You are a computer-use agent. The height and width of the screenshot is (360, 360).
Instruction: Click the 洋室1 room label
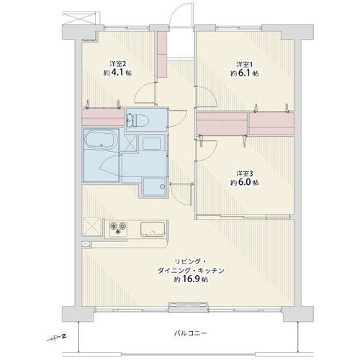coord(244,65)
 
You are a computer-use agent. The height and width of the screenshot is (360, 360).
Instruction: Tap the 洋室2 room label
coord(117,64)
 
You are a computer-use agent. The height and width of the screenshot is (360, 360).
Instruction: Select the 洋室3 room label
coord(244,174)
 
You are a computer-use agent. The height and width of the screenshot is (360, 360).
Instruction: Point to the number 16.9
coord(191,279)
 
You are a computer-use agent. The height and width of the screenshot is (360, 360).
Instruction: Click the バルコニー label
coord(190,333)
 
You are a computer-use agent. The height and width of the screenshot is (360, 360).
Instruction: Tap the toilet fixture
coord(138,120)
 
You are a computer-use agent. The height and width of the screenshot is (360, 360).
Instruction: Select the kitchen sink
coord(153,229)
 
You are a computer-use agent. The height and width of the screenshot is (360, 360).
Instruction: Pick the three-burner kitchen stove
coord(118,228)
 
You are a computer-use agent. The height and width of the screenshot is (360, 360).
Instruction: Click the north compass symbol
coord(57,338)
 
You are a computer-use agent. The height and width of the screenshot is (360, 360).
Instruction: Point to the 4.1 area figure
coord(117,73)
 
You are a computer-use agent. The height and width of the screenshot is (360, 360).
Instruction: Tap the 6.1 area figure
coord(244,73)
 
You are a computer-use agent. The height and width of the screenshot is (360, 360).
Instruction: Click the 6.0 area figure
coord(244,182)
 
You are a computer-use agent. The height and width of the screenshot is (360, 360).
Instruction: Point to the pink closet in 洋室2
coord(103,117)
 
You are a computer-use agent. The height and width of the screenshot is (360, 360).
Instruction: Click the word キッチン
coord(211,271)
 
